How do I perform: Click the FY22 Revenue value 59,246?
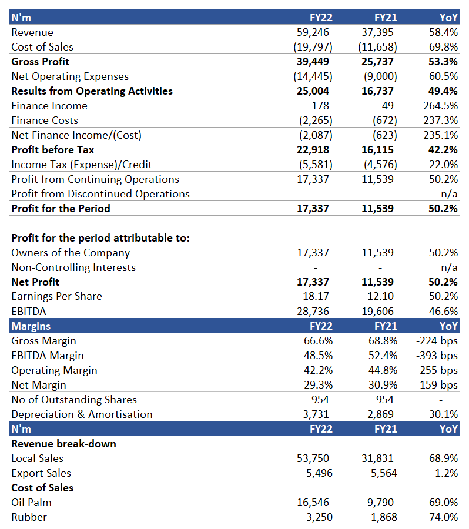coord(313,32)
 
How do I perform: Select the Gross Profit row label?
coord(40,62)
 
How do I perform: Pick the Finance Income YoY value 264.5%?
coord(440,106)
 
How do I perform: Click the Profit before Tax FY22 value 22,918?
coord(313,150)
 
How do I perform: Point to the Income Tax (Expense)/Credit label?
coord(82,165)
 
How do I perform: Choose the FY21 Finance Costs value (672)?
coord(384,120)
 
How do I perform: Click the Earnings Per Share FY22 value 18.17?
coord(316,296)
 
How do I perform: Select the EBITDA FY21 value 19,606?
coord(377,312)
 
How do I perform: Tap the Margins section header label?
coord(31,326)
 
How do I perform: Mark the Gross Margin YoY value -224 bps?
coord(437,341)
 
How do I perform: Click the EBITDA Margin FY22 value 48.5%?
coord(318,356)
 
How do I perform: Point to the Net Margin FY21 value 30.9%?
coord(383,385)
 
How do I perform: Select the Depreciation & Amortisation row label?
coord(82,414)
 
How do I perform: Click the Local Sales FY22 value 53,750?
coord(313,458)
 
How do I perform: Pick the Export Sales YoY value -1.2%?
coord(444,473)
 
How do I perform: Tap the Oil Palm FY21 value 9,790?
coord(380,503)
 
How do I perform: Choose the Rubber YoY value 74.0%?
coord(443,517)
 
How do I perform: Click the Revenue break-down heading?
coord(64,444)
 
